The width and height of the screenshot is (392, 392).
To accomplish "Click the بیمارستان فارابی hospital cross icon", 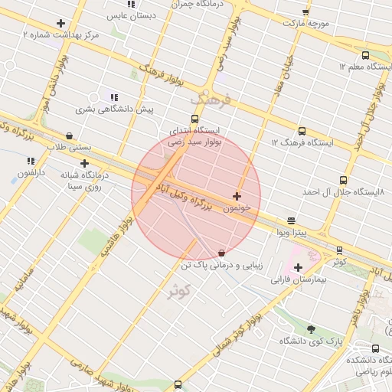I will click(x=298, y=267).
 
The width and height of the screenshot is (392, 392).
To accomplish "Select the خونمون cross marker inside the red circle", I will click(x=237, y=197).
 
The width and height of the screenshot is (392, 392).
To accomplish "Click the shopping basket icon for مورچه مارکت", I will click(x=306, y=12).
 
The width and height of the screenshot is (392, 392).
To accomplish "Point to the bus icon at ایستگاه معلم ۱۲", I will click(x=365, y=55).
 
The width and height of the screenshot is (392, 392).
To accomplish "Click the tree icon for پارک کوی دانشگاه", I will click(x=311, y=328).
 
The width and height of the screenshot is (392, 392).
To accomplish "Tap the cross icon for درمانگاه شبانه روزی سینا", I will click(x=84, y=163).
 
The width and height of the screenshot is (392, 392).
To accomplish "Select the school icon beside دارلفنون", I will click(x=31, y=161).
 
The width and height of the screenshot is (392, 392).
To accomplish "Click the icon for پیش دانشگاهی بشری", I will click(x=114, y=97).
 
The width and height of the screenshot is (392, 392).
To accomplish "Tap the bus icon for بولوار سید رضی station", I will click(x=195, y=119).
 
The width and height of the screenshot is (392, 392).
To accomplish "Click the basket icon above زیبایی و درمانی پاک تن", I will click(x=222, y=253).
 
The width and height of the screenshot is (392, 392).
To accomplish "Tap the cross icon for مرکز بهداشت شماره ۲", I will click(x=60, y=23).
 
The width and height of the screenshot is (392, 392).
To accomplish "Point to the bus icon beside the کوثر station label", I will click(x=339, y=250).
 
